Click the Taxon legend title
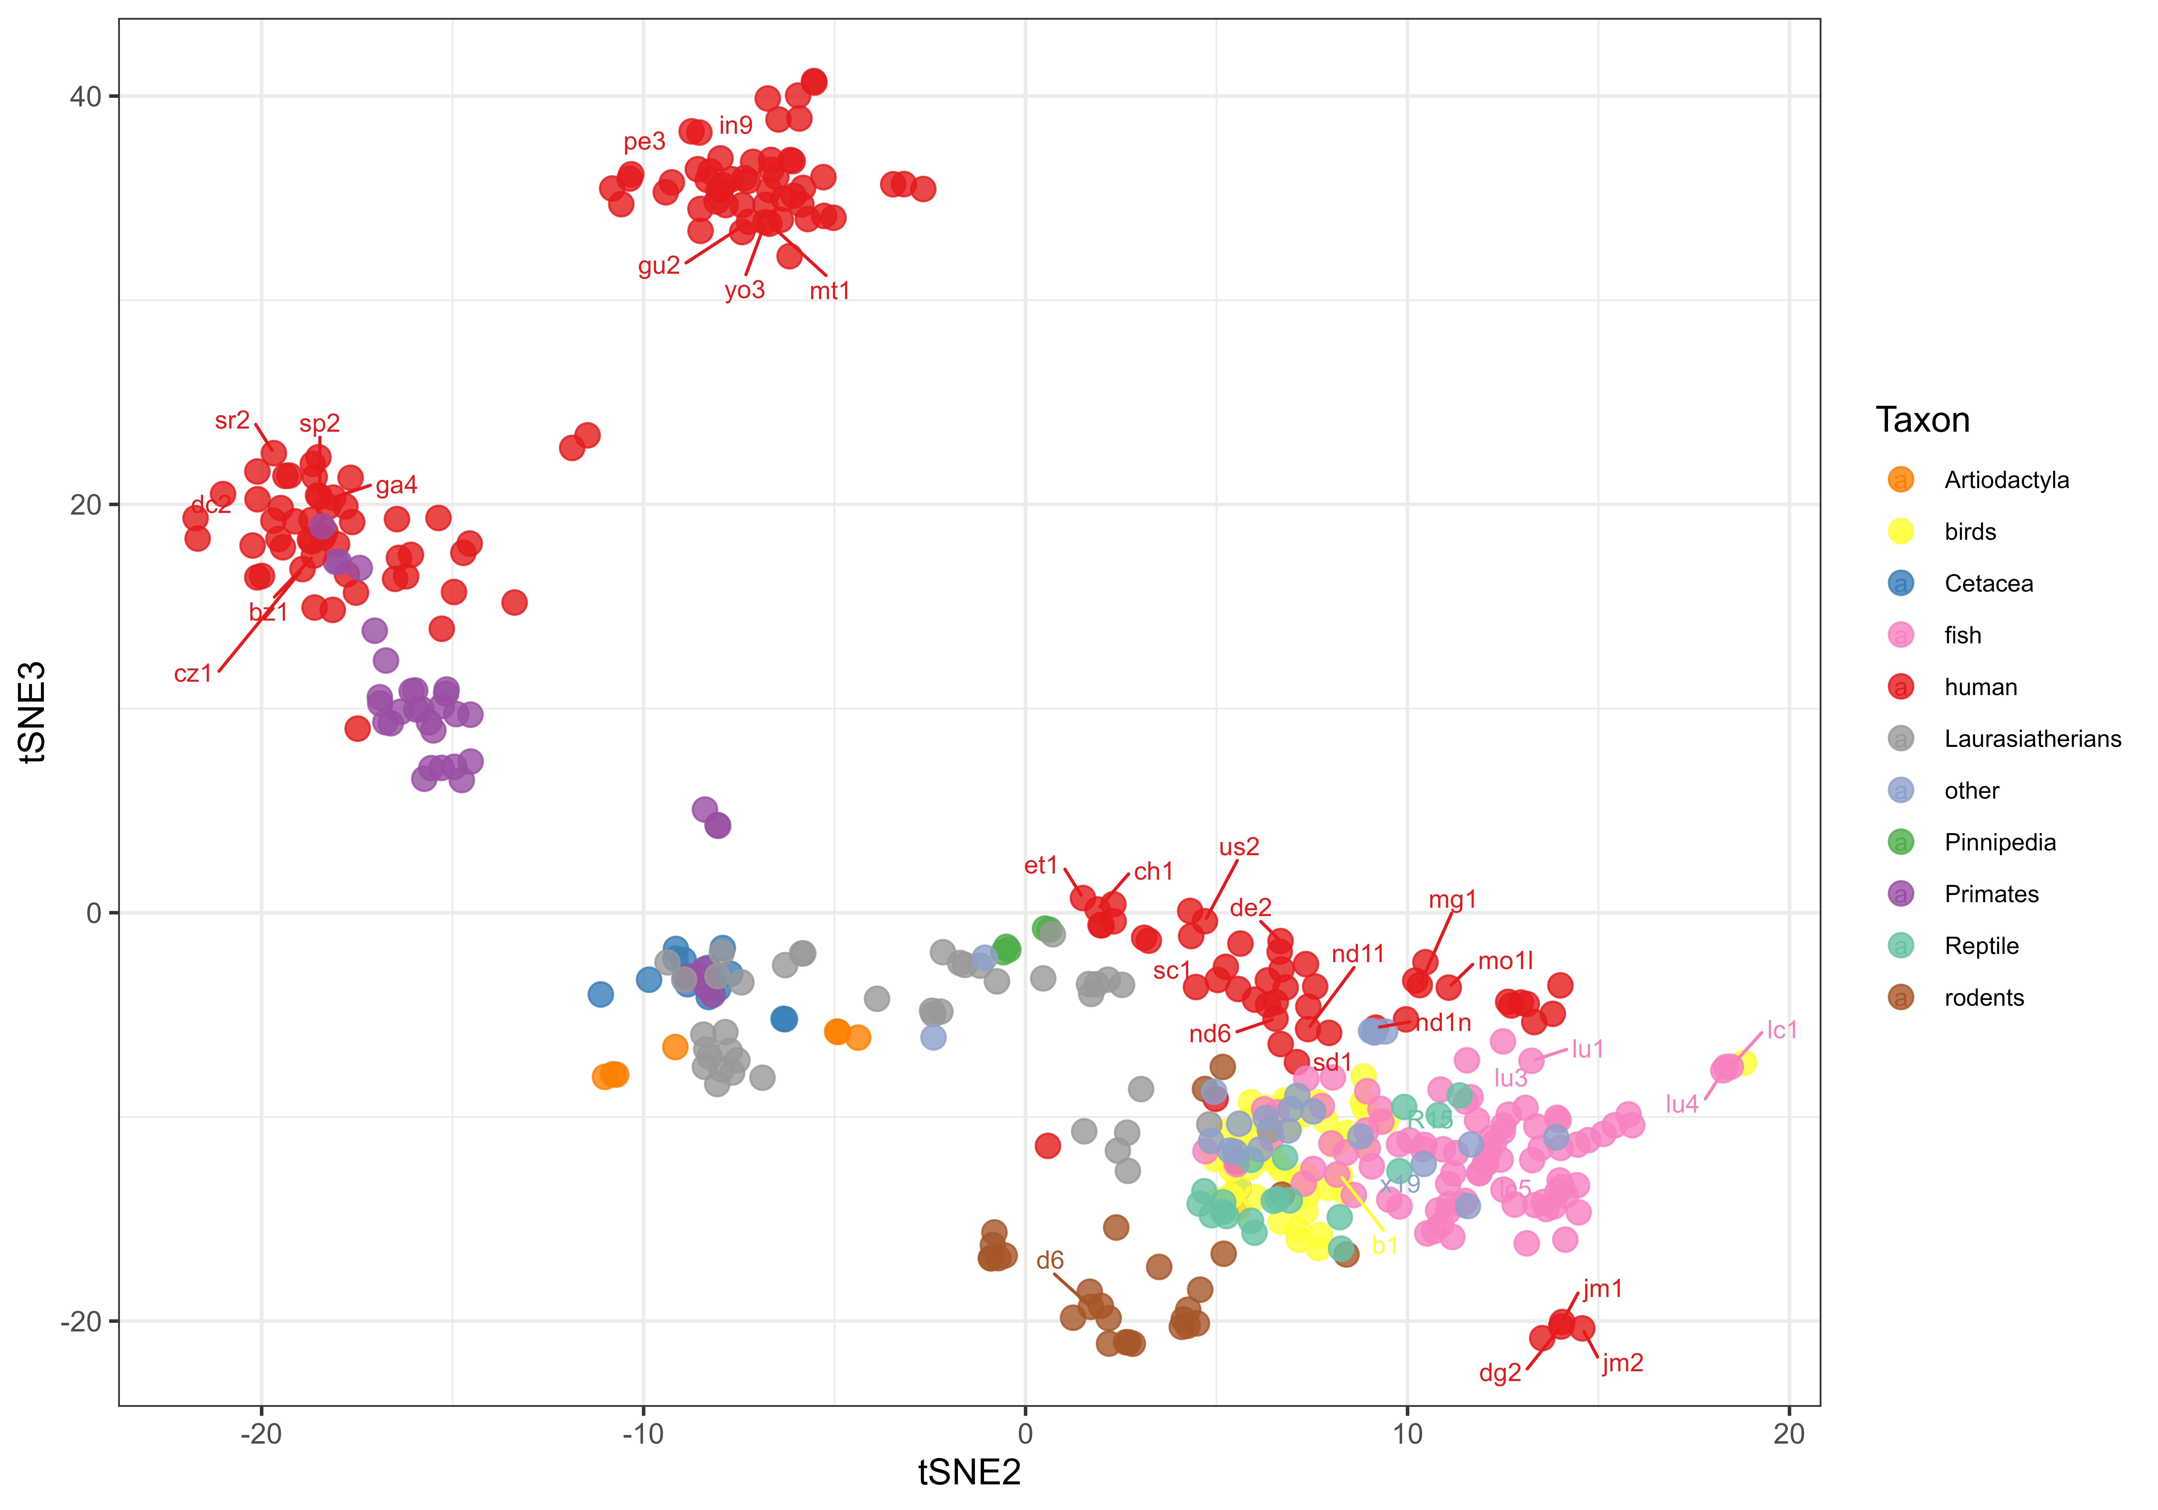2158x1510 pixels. click(1922, 420)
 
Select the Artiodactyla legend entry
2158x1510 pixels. click(2006, 480)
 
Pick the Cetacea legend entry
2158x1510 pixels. click(1988, 584)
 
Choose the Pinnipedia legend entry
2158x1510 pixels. click(1999, 843)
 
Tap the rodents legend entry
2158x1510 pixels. click(1983, 998)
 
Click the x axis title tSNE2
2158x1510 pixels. click(969, 1472)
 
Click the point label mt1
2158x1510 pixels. click(829, 291)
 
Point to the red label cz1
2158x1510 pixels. click(193, 674)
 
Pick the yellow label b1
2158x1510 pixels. click(1384, 1246)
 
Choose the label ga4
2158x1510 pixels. click(396, 486)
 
